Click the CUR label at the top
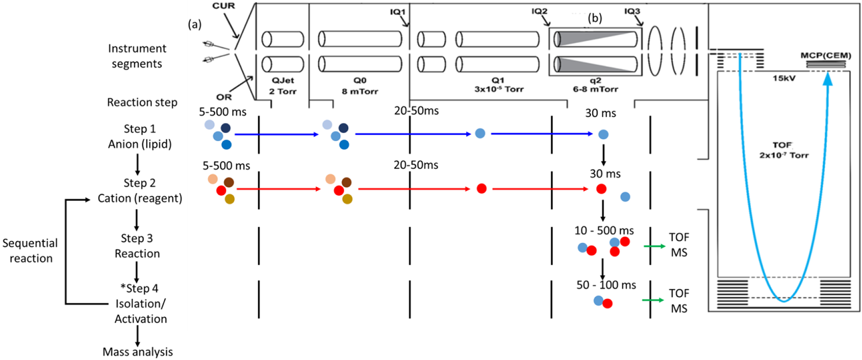click(224, 6)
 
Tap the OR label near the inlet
click(224, 97)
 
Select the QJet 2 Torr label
click(283, 86)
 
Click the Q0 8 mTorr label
click(360, 86)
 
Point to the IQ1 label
click(397, 11)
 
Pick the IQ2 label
click(539, 11)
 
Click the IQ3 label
click(632, 11)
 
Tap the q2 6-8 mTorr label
click(595, 85)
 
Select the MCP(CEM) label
click(826, 56)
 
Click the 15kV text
click(784, 78)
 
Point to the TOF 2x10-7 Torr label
click(783, 150)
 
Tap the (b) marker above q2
click(595, 18)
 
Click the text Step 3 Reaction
click(137, 246)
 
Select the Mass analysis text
click(137, 352)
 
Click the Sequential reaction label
click(30, 250)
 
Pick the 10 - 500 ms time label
click(604, 230)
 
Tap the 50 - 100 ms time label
click(606, 285)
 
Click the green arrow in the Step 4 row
click(653, 300)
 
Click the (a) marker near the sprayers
click(194, 24)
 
